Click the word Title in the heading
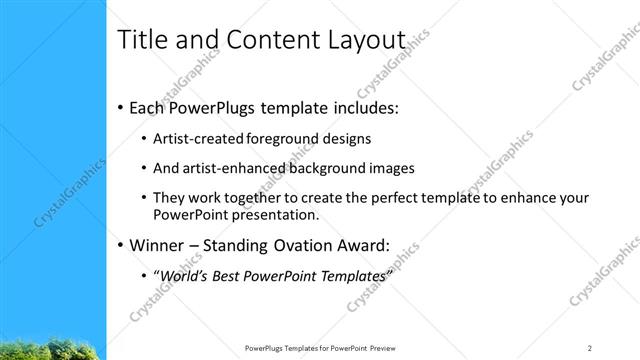(140, 40)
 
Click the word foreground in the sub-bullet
(285, 139)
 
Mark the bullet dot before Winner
(121, 246)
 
